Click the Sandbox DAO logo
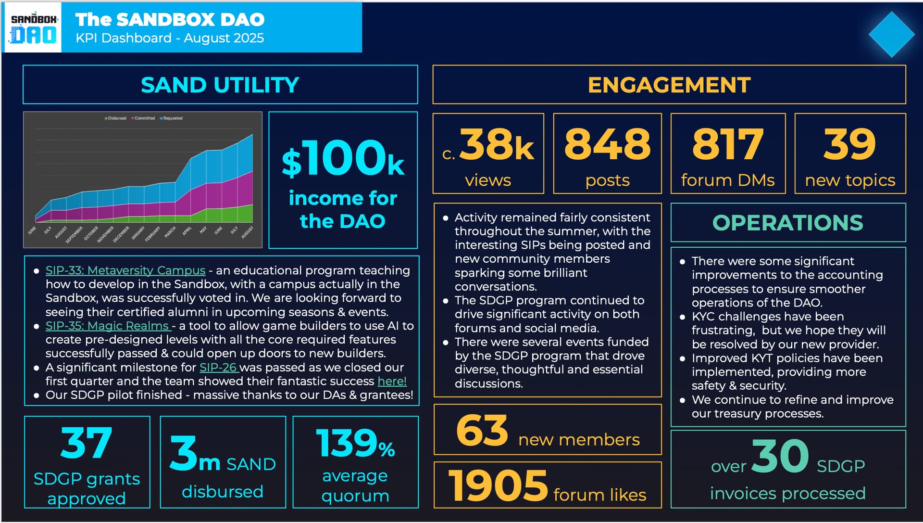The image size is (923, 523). click(x=33, y=28)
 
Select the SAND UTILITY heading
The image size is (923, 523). click(x=220, y=85)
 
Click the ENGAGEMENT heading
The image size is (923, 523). click(x=669, y=85)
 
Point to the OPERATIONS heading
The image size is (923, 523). click(x=787, y=223)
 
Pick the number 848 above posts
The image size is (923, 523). click(x=607, y=144)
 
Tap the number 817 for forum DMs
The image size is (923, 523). click(x=727, y=144)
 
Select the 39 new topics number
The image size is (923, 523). click(x=849, y=144)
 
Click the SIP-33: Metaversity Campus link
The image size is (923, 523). click(x=125, y=270)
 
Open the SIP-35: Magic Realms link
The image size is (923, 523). click(x=107, y=326)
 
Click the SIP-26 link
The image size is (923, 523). click(x=219, y=368)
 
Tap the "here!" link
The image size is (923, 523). click(x=392, y=381)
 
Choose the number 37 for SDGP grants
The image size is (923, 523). click(x=87, y=443)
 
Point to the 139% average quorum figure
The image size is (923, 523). click(x=355, y=444)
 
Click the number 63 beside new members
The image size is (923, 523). click(x=482, y=431)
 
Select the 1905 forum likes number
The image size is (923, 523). click(x=498, y=485)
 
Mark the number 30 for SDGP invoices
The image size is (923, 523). click(x=780, y=456)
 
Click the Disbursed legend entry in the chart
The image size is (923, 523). click(x=116, y=118)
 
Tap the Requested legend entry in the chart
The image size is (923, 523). click(x=172, y=118)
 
